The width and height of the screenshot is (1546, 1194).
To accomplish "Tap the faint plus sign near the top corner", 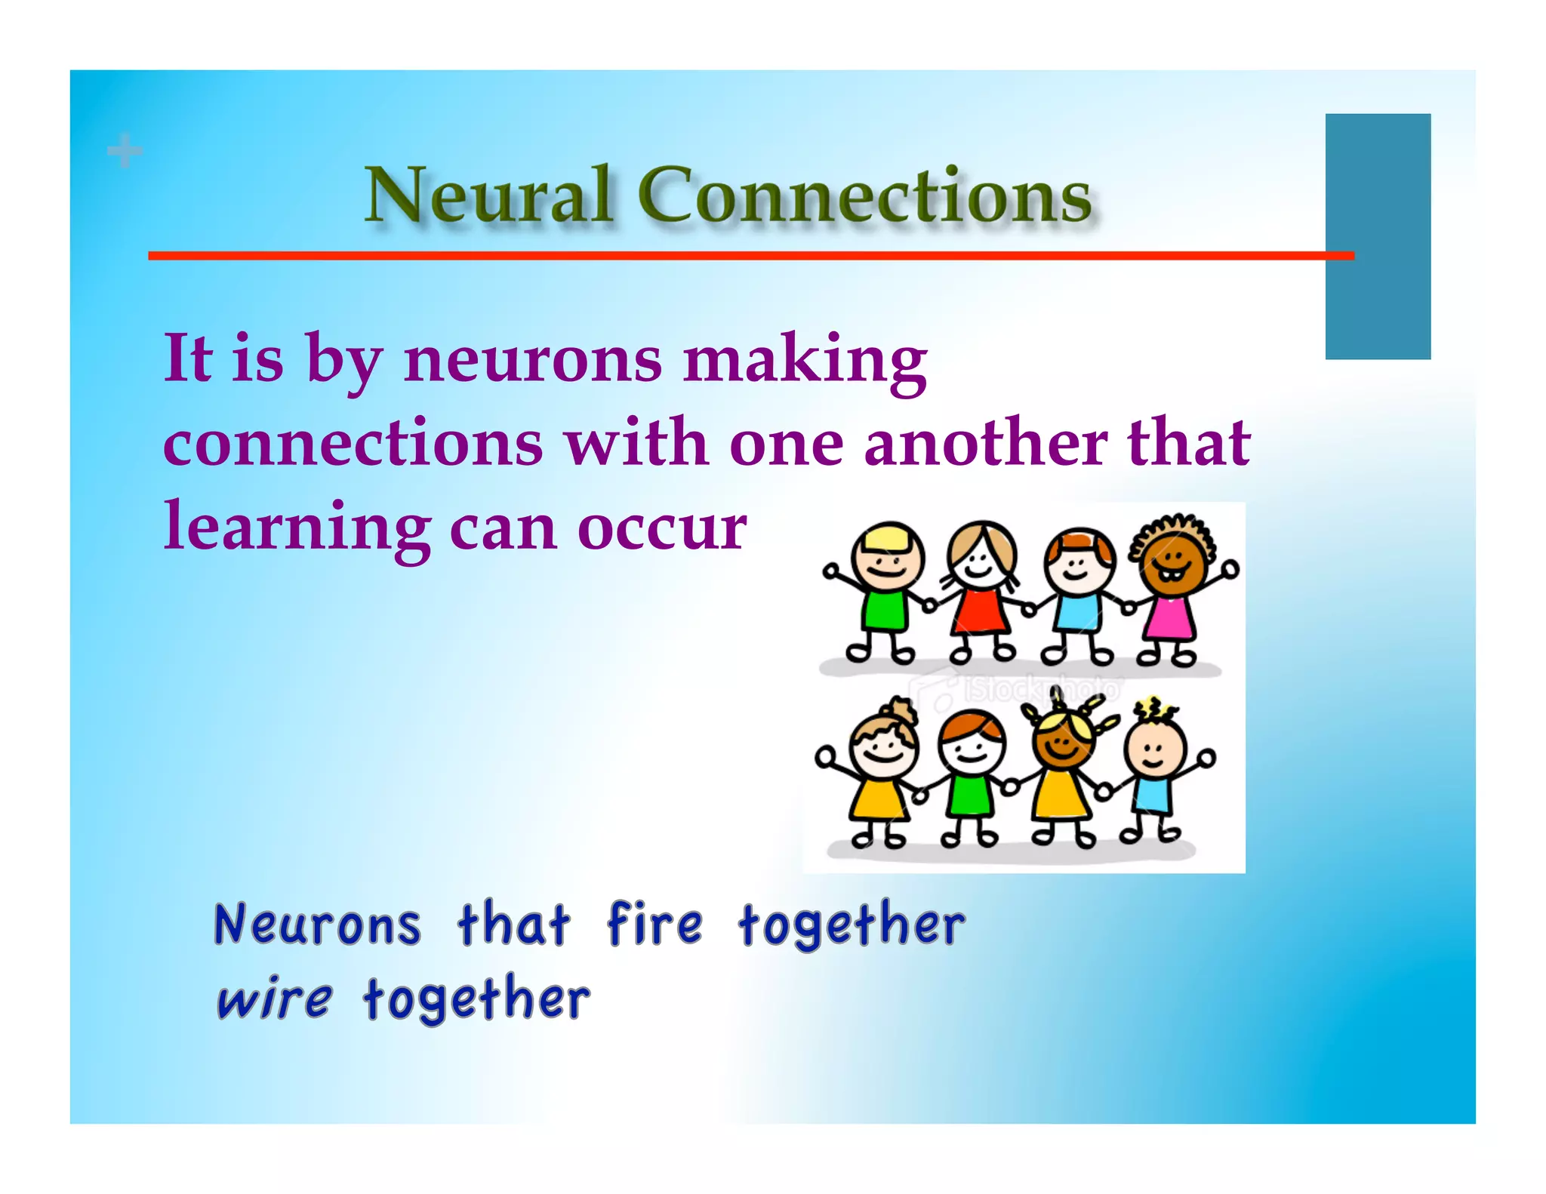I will (x=125, y=150).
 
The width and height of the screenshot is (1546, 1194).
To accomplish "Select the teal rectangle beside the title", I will (x=1377, y=235).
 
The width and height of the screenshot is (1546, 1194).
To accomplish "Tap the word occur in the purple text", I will (x=661, y=529).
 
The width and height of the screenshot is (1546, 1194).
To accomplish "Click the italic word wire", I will (x=273, y=999).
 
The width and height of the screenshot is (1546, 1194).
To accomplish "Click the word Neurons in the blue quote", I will (x=317, y=925).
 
